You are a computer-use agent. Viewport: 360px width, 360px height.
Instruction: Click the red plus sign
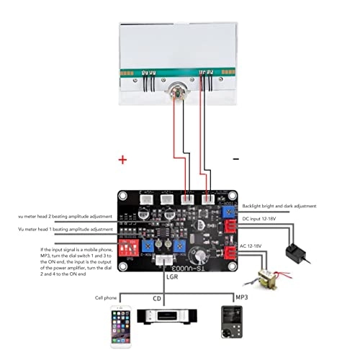point(124,159)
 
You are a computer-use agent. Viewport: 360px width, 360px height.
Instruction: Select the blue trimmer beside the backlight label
point(228,212)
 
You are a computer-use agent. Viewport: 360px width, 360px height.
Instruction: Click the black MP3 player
point(231,322)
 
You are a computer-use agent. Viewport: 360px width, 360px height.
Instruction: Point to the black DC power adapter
point(294,251)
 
